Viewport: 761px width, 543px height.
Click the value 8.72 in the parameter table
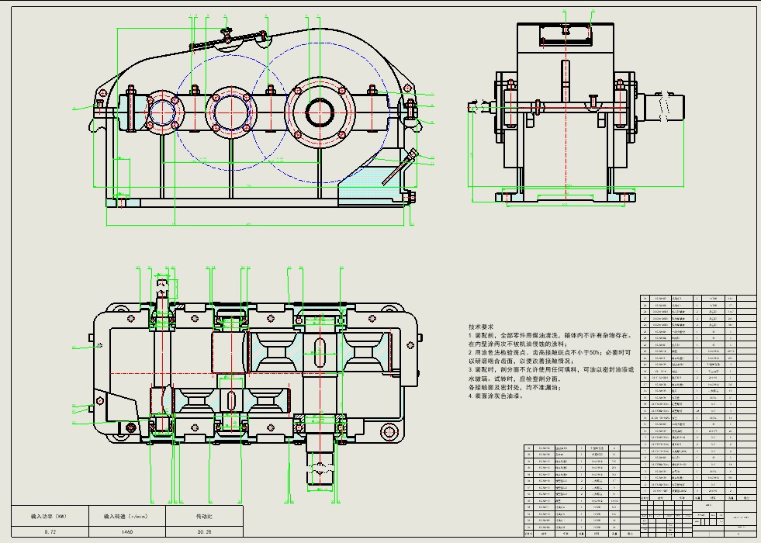[51, 531]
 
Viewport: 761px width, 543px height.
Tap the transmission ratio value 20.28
[204, 531]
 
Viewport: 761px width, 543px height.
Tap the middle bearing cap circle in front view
[229, 111]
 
